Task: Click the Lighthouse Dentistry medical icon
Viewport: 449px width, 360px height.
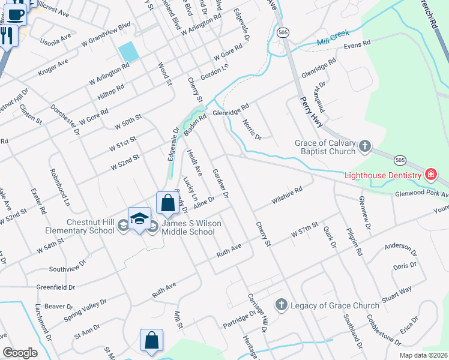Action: (x=430, y=175)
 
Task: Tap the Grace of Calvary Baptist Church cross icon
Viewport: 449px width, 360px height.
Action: (x=364, y=146)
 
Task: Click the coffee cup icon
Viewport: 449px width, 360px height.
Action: (x=16, y=13)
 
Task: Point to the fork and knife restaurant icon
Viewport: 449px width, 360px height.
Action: (x=7, y=35)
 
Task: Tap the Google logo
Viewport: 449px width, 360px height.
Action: (x=20, y=353)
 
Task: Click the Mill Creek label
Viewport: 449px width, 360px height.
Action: (x=333, y=38)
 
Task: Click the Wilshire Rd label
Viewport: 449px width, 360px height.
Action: (x=285, y=197)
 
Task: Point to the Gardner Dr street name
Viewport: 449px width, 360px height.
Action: (x=221, y=184)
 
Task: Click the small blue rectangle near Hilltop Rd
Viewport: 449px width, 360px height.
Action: (x=129, y=52)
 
